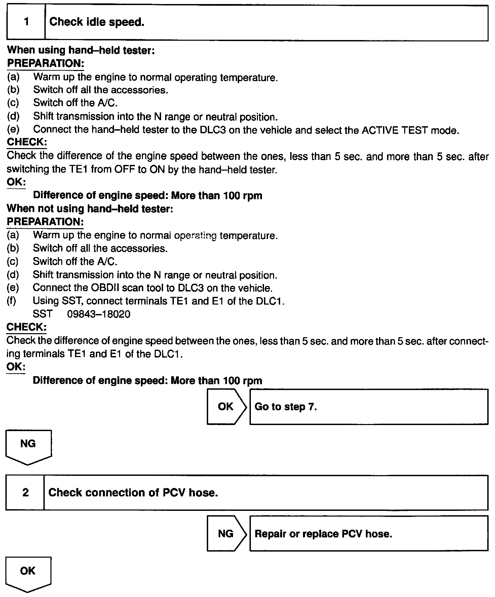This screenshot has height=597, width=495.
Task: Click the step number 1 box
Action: (x=26, y=22)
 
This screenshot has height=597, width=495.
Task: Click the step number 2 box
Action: (x=25, y=493)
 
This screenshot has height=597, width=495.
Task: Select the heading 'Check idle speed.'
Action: (x=97, y=22)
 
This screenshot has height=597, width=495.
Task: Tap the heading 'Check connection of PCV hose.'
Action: (x=133, y=493)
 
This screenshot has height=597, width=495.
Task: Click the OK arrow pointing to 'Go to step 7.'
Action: (x=226, y=407)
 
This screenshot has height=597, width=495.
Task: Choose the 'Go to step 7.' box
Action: (x=369, y=407)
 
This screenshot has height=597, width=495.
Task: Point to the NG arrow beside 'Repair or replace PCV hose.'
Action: (x=226, y=534)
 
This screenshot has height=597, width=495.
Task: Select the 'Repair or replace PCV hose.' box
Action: (x=369, y=534)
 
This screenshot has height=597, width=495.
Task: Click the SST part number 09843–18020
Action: (x=99, y=314)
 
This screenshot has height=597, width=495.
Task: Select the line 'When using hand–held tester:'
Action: (x=81, y=50)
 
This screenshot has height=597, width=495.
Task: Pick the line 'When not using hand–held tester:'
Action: (x=90, y=209)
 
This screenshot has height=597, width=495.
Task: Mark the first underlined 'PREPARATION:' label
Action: (x=45, y=63)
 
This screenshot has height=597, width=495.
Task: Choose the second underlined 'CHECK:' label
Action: (x=27, y=327)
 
